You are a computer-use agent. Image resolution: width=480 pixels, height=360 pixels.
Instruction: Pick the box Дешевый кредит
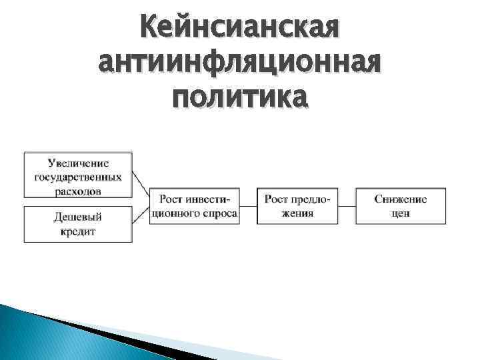pos(78,224)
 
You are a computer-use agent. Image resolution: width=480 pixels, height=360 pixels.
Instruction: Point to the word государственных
pos(78,177)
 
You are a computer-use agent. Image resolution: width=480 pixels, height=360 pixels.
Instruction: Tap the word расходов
pos(78,190)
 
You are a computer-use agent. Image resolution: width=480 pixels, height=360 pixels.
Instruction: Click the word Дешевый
pos(78,217)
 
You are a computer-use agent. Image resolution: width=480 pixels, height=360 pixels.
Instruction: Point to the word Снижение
pos(401,199)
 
